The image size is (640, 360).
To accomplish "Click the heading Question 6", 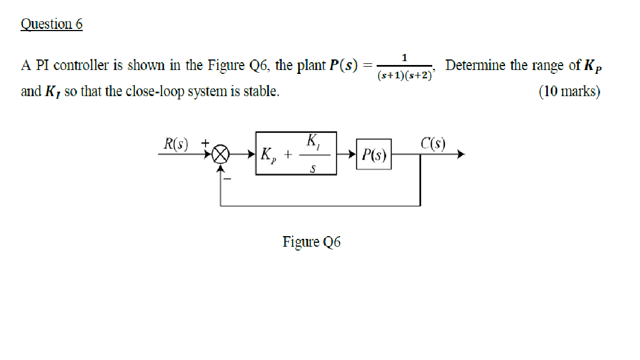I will click(52, 24).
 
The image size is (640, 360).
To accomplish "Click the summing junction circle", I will click(221, 154).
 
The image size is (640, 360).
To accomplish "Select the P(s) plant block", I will click(373, 154).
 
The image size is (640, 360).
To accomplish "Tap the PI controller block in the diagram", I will click(296, 153).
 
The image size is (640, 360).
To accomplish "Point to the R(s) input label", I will click(176, 144).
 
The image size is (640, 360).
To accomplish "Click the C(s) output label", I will click(433, 143).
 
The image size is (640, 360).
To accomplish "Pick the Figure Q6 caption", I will click(312, 242).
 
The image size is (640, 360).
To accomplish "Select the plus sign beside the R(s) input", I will click(205, 143).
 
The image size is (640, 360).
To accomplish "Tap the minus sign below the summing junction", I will click(227, 179).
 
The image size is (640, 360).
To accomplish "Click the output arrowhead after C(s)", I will click(459, 155).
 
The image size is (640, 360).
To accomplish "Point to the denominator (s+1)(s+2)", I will click(404, 75).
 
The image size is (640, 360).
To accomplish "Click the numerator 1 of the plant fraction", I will click(404, 57).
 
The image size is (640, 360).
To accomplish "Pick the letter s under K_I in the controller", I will click(313, 168).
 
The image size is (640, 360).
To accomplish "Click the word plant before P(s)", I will click(311, 66).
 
